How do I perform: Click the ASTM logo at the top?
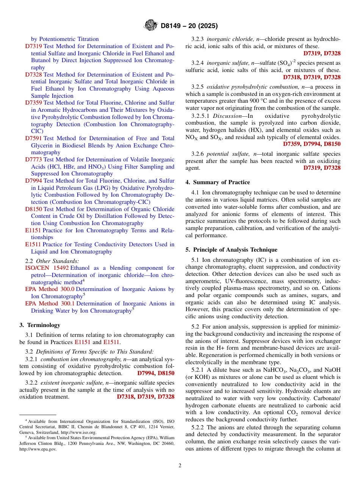point(150,26)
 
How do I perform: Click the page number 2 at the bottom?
point(180,465)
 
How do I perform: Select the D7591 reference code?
point(34,138)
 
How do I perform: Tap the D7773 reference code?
point(34,160)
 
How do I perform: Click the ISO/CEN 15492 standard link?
point(47,268)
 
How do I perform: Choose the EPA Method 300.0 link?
point(50,289)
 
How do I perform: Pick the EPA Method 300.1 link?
point(50,304)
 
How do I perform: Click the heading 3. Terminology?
point(40,325)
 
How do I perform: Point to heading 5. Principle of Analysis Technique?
point(231,250)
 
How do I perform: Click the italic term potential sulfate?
point(224,154)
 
